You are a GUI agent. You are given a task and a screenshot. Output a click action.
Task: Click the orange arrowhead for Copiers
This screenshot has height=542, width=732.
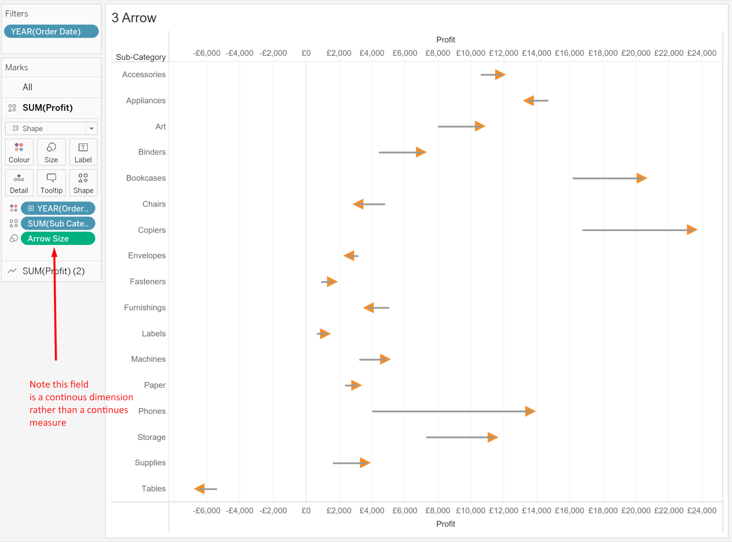coord(692,230)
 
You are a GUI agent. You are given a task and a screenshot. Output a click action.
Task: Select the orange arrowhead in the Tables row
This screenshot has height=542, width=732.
coord(200,489)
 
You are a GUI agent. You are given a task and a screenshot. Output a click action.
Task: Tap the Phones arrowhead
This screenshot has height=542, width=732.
coord(530,411)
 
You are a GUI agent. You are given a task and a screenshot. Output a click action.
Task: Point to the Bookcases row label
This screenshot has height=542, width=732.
coord(145,178)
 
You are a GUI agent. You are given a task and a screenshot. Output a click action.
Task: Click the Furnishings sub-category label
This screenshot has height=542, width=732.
coord(144,308)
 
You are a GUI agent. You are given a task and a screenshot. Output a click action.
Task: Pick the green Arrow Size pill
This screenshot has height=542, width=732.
coord(58,239)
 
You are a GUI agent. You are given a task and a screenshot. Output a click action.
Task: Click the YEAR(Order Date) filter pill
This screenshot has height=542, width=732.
coord(51,31)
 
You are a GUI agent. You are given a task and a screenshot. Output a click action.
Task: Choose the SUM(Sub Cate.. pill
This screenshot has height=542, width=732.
coord(58,224)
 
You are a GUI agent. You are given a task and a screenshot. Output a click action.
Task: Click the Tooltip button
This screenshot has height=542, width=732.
coord(51,183)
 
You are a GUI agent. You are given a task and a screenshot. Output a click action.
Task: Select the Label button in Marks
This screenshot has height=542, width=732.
coord(83,152)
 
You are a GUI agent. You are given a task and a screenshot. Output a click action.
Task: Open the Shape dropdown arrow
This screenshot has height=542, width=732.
coord(91,128)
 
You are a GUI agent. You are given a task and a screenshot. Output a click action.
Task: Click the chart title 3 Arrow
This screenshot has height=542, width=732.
coord(134,18)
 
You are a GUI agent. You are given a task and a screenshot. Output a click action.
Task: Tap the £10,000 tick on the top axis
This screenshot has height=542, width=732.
coord(470,53)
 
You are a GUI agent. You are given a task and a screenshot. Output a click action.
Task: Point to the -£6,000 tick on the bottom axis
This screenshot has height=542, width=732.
coord(207,511)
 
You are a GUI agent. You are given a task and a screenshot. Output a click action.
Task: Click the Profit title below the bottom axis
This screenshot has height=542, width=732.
coord(445,524)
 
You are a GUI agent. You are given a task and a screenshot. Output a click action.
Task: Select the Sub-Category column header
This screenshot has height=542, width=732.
coord(140,57)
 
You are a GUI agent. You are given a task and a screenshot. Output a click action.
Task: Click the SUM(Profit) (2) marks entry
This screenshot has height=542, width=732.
coord(53,271)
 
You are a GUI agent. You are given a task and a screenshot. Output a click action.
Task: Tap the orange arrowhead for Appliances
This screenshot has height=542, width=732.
coord(529,101)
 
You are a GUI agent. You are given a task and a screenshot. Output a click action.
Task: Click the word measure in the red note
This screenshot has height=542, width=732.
coord(48,423)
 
